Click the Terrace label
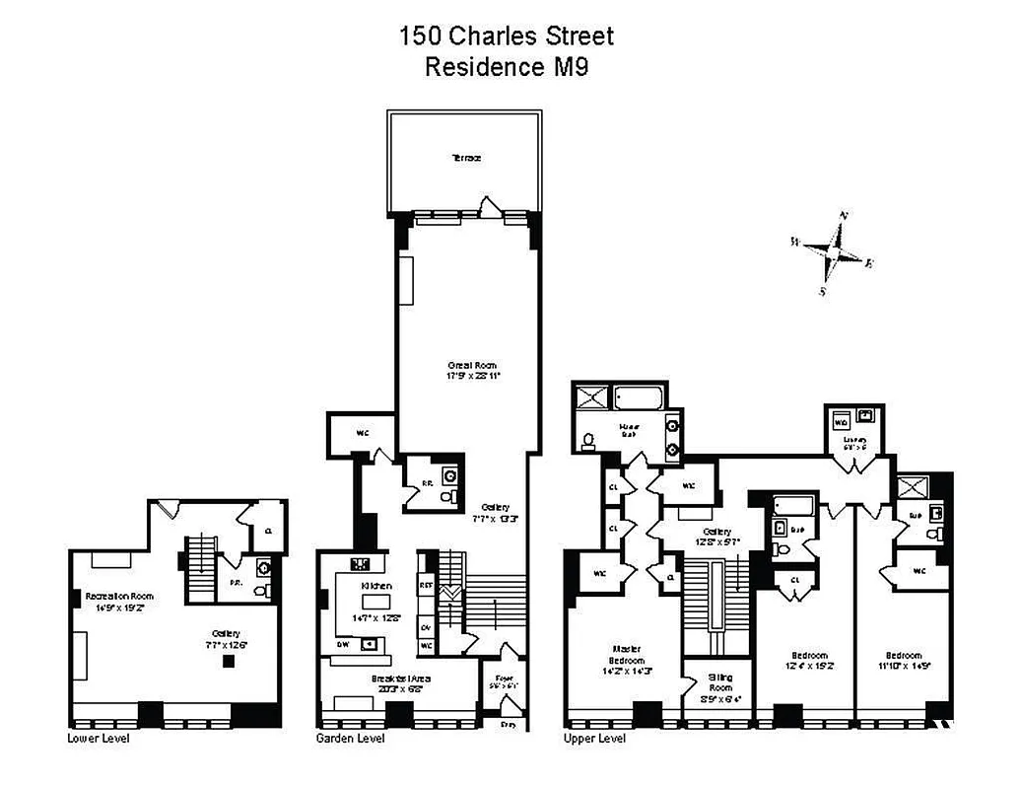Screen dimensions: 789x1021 466,158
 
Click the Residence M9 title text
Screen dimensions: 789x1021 507,67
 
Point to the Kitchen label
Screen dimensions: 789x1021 375,586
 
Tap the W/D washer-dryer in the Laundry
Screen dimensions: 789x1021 841,421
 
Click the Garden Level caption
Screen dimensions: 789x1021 350,738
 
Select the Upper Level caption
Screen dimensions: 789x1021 594,738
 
